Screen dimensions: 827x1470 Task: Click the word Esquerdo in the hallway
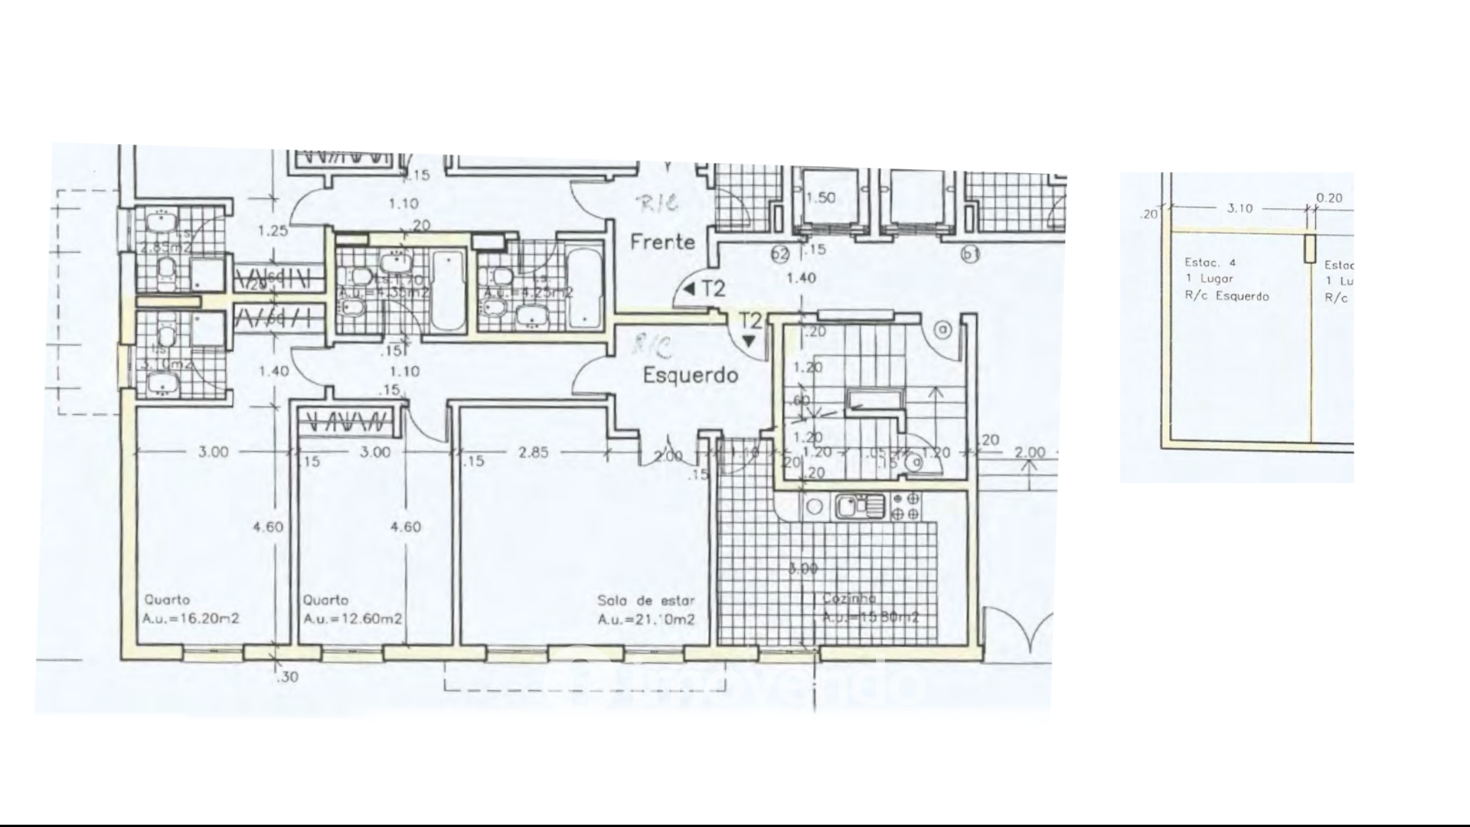[x=690, y=375]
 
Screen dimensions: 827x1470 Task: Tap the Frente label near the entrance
[x=662, y=242]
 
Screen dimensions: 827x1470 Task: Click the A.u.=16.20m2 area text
[x=191, y=619]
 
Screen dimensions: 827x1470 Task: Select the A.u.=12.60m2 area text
[x=352, y=619]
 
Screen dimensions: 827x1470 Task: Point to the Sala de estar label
[x=645, y=601]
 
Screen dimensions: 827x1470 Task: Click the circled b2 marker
[x=780, y=254]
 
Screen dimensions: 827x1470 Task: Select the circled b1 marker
[x=971, y=254]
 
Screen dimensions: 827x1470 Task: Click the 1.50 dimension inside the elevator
[x=821, y=198]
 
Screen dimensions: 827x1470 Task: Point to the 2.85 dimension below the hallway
[x=533, y=453]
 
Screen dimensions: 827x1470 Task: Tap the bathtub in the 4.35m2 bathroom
[x=448, y=290]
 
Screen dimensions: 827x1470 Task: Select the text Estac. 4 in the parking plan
[x=1210, y=262]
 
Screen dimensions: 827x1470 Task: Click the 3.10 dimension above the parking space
[x=1240, y=208]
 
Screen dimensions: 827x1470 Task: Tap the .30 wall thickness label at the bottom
[x=289, y=677]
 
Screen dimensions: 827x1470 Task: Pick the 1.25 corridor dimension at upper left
[x=273, y=230]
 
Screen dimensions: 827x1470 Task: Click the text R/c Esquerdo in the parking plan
[x=1227, y=296]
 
